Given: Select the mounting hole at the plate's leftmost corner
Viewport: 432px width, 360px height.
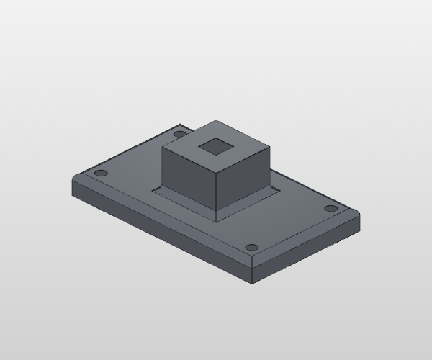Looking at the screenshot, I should pos(101,174).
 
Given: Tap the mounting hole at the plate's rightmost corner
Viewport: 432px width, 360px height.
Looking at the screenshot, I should pos(330,209).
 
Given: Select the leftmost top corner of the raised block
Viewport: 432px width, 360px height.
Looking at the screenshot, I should pos(162,147).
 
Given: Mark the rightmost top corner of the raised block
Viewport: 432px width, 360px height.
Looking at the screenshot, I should pos(271,148).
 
